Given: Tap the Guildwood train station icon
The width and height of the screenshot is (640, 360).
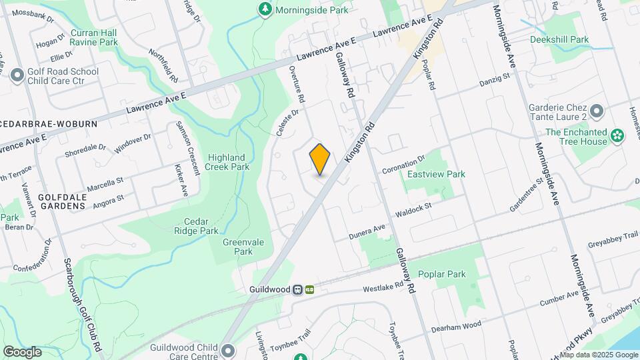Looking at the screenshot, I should (x=309, y=289).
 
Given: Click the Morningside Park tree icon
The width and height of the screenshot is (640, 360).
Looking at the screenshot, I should (x=265, y=9).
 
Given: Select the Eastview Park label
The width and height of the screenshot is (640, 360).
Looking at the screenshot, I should (x=436, y=174).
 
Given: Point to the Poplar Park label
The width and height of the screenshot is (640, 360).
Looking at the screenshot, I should (x=441, y=275).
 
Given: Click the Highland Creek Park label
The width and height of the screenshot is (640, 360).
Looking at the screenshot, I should (x=228, y=162).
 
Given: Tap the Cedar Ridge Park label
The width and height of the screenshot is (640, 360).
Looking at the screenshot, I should (x=201, y=226).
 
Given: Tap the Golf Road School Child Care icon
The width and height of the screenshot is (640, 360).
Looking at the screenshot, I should (x=17, y=75).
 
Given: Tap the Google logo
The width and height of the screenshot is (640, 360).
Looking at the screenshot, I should (x=22, y=352).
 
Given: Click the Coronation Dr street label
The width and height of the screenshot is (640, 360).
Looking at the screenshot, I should (x=403, y=165).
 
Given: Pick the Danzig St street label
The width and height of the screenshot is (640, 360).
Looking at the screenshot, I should (x=494, y=80).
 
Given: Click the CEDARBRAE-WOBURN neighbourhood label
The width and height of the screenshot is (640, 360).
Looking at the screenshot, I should (x=49, y=124).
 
